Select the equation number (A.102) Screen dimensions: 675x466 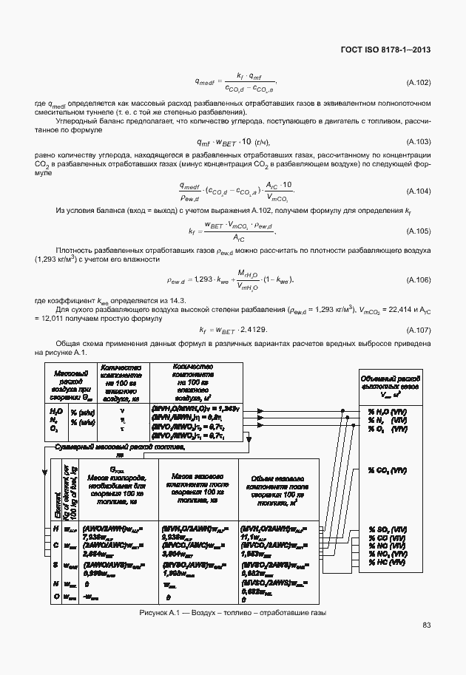(419, 82)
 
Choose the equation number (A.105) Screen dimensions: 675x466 (419, 231)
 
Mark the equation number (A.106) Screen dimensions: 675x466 (419, 280)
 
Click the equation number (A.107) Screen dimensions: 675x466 (419, 329)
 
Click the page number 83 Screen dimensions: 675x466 (426, 625)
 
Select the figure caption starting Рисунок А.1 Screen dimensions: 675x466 (233, 612)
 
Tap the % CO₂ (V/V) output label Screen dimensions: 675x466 (388, 470)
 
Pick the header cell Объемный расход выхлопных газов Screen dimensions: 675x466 (391, 385)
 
